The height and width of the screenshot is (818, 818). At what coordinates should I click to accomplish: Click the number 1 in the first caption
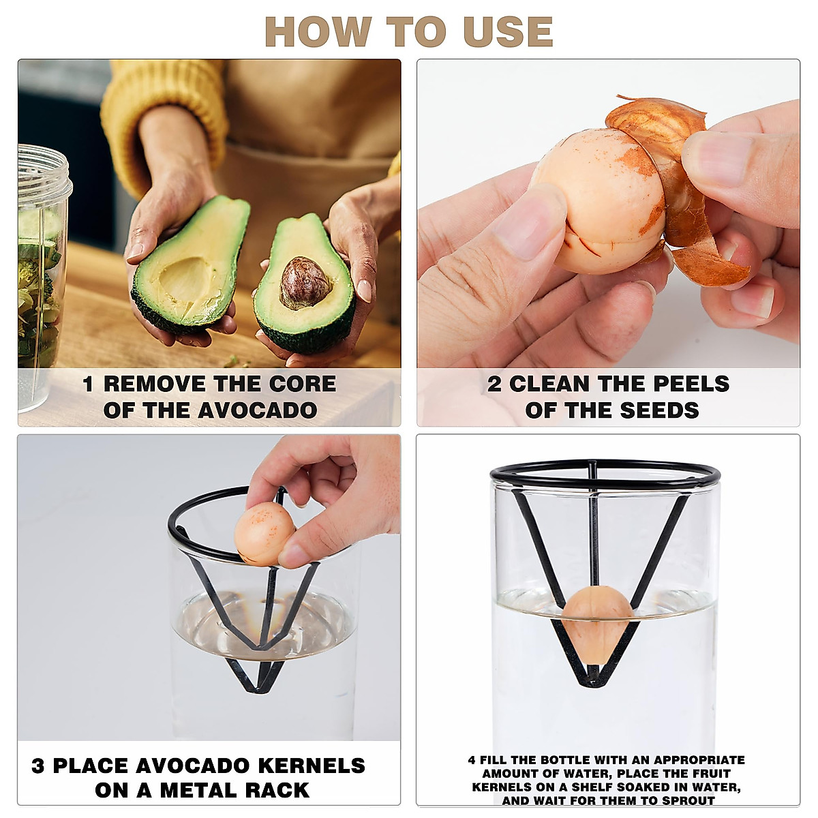click(88, 384)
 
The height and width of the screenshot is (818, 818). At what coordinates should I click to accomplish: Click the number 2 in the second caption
click(494, 384)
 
